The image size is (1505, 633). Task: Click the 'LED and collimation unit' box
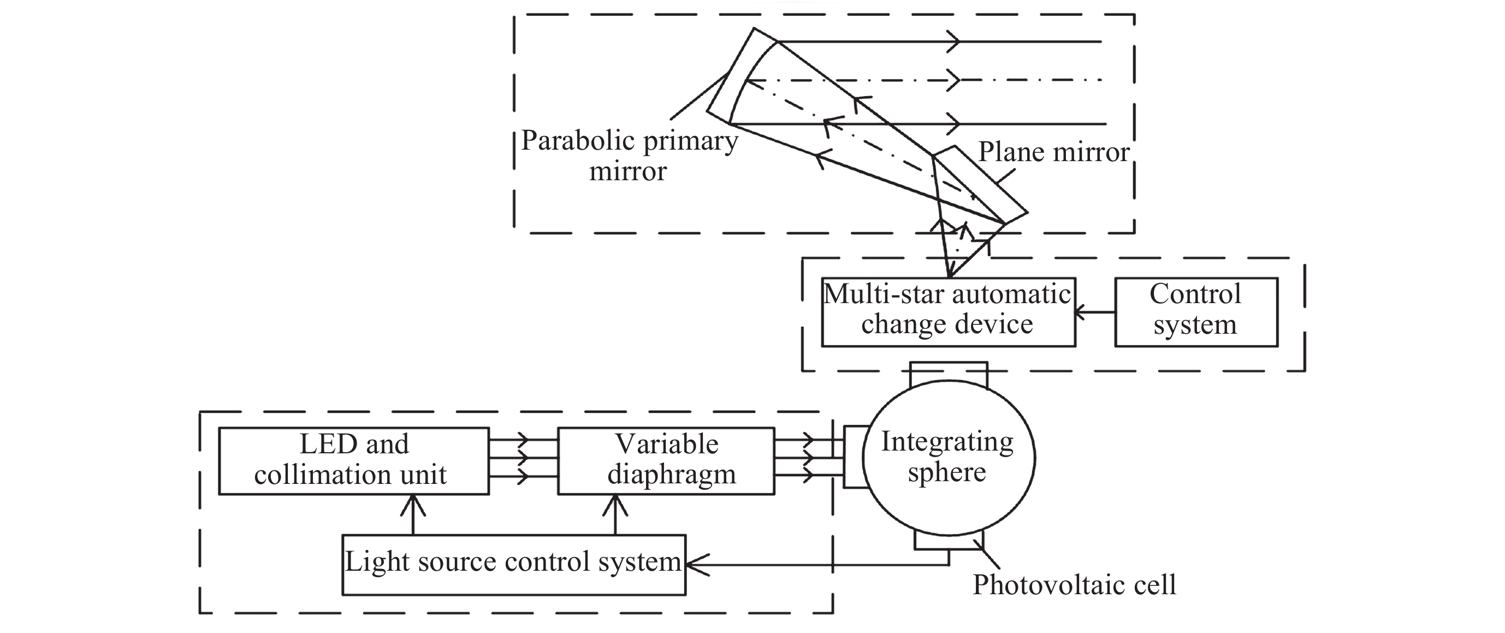coord(353,460)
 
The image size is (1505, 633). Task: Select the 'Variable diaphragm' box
coord(666,460)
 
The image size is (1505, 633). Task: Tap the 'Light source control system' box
coord(513,564)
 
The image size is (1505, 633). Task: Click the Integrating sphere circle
coord(947,458)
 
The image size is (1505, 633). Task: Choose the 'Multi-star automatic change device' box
coord(947,311)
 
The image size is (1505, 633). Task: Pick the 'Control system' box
coord(1195,311)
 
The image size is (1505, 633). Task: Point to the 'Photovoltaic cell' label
coord(1074,585)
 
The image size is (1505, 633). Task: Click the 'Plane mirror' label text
coord(1053,152)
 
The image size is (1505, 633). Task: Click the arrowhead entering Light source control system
coord(696,565)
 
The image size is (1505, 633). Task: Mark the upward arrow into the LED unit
coord(413,506)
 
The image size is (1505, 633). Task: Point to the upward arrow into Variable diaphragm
coord(615,506)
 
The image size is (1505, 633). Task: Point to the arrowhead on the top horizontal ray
coord(953,42)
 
